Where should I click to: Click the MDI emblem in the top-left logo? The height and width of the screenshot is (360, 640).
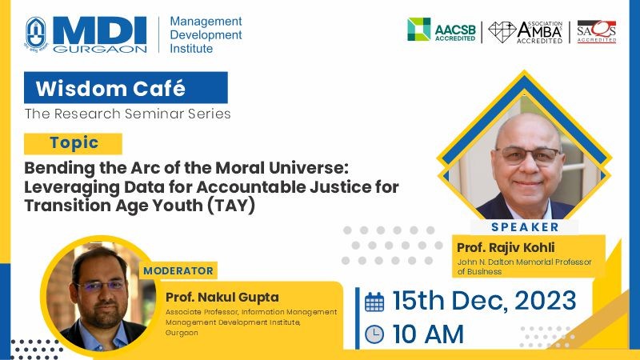point(36,34)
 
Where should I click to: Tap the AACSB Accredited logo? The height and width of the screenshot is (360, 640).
point(442,30)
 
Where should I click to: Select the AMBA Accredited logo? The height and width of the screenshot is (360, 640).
point(526,32)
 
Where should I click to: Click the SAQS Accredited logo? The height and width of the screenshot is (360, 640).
point(596,31)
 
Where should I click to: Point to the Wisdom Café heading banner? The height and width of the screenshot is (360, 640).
point(126,88)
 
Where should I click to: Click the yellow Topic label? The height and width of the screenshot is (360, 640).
point(73,143)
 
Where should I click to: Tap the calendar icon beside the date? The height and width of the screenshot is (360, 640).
point(374,302)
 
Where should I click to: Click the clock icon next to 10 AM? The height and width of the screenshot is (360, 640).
point(374,334)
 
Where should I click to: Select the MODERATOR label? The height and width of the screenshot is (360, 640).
point(178,270)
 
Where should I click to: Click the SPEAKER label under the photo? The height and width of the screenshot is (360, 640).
point(525,227)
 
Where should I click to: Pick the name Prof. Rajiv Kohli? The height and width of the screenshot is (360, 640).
point(506,247)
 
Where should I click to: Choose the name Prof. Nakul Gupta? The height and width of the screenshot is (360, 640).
point(222,297)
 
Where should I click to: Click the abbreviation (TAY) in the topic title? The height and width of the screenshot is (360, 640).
point(231,205)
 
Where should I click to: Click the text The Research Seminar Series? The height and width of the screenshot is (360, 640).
point(127,114)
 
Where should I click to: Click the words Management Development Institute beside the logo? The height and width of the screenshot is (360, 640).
point(206,34)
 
